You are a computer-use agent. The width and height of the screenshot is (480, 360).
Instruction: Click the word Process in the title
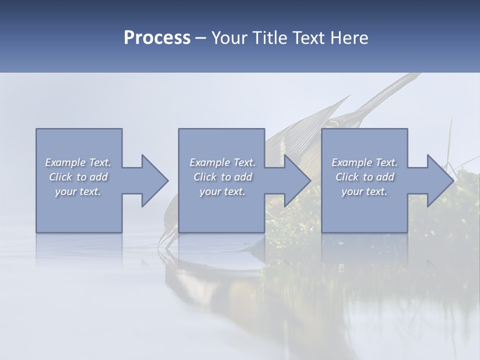pyautogui.click(x=157, y=38)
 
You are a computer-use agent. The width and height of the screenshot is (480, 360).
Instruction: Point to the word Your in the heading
pyautogui.click(x=230, y=38)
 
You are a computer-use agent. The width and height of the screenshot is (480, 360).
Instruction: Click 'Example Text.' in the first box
pyautogui.click(x=78, y=162)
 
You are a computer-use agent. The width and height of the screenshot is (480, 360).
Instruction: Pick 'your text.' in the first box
pyautogui.click(x=78, y=191)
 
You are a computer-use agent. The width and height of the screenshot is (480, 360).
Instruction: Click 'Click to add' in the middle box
pyautogui.click(x=222, y=177)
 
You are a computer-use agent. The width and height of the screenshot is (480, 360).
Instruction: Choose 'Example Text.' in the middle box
pyautogui.click(x=222, y=162)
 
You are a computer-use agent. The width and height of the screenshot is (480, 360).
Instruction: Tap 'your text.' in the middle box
pyautogui.click(x=222, y=191)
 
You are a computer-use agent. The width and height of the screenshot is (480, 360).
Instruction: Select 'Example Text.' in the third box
pyautogui.click(x=364, y=162)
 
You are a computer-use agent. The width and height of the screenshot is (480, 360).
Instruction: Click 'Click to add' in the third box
pyautogui.click(x=364, y=177)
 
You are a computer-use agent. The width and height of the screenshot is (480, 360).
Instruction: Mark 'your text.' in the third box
pyautogui.click(x=364, y=191)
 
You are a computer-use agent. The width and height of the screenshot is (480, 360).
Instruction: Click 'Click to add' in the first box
pyautogui.click(x=78, y=177)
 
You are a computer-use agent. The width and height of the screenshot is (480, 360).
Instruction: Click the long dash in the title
pyautogui.click(x=201, y=38)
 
